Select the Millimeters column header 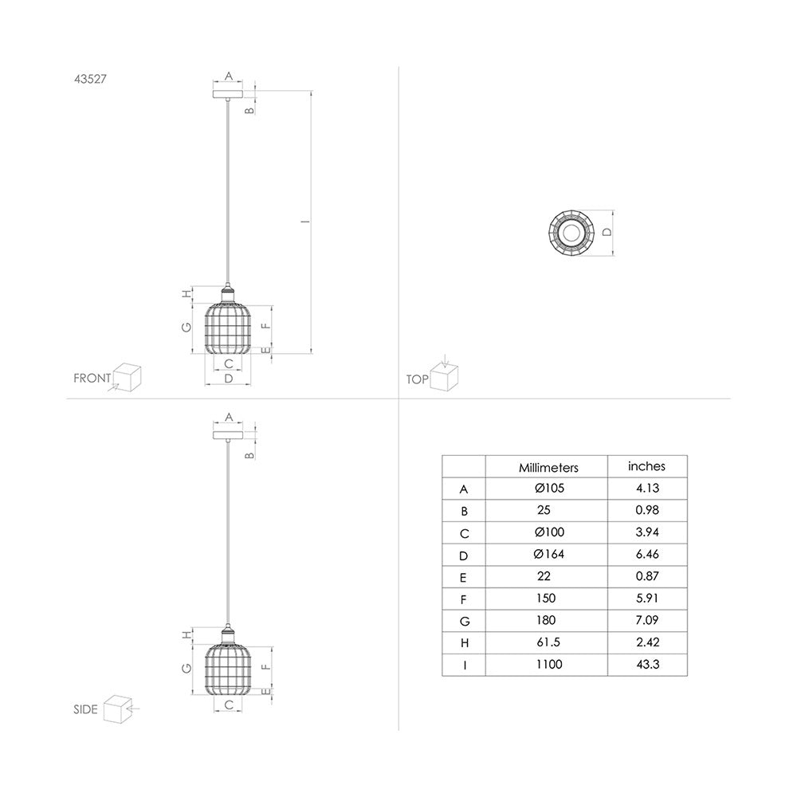click(548, 468)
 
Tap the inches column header click(646, 466)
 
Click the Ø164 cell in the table click(548, 554)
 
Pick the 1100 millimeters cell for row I click(548, 664)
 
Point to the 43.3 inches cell click(646, 664)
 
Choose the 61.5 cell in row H click(548, 642)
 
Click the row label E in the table click(463, 576)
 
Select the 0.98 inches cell click(646, 510)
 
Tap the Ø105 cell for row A click(548, 489)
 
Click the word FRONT click(92, 379)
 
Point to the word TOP click(417, 380)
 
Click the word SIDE click(84, 709)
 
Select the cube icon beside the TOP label click(443, 376)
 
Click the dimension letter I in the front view click(304, 222)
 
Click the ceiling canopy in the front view click(228, 95)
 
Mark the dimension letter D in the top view click(606, 233)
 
